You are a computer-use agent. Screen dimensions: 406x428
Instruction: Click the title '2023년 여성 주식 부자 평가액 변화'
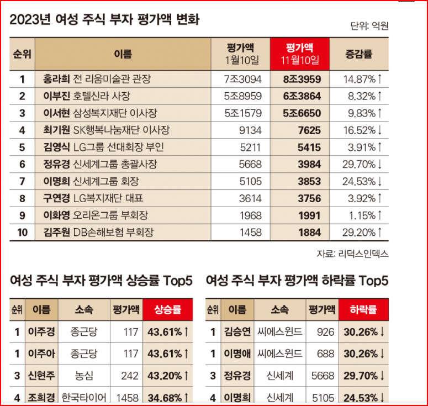coord(104,20)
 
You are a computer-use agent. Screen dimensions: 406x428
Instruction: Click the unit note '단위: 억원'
coord(369,25)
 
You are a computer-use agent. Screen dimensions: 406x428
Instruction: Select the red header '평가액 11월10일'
coord(299,54)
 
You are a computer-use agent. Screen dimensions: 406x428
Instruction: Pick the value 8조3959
coord(302,80)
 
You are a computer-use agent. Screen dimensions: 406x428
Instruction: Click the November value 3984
coord(309,164)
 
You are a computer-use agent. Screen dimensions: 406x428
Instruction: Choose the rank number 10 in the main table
coord(22,232)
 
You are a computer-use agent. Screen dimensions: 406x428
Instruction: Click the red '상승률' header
coord(167,310)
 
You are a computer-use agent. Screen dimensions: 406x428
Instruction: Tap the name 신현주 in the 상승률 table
coord(41,376)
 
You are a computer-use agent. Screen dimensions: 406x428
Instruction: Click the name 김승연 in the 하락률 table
coord(237,332)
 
